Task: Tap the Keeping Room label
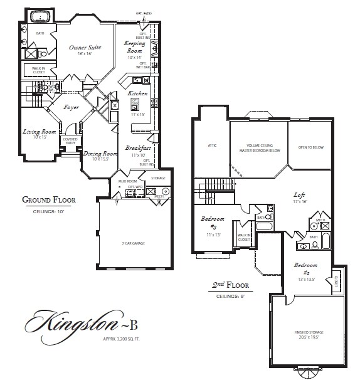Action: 135,47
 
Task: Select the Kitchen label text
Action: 138,93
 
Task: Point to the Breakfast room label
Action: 136,148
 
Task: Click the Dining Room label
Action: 100,154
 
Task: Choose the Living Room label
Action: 40,132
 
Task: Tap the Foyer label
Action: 71,107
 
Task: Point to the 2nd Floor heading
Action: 230,285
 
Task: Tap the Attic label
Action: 212,145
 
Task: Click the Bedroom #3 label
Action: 209,223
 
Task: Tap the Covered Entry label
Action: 70,141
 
